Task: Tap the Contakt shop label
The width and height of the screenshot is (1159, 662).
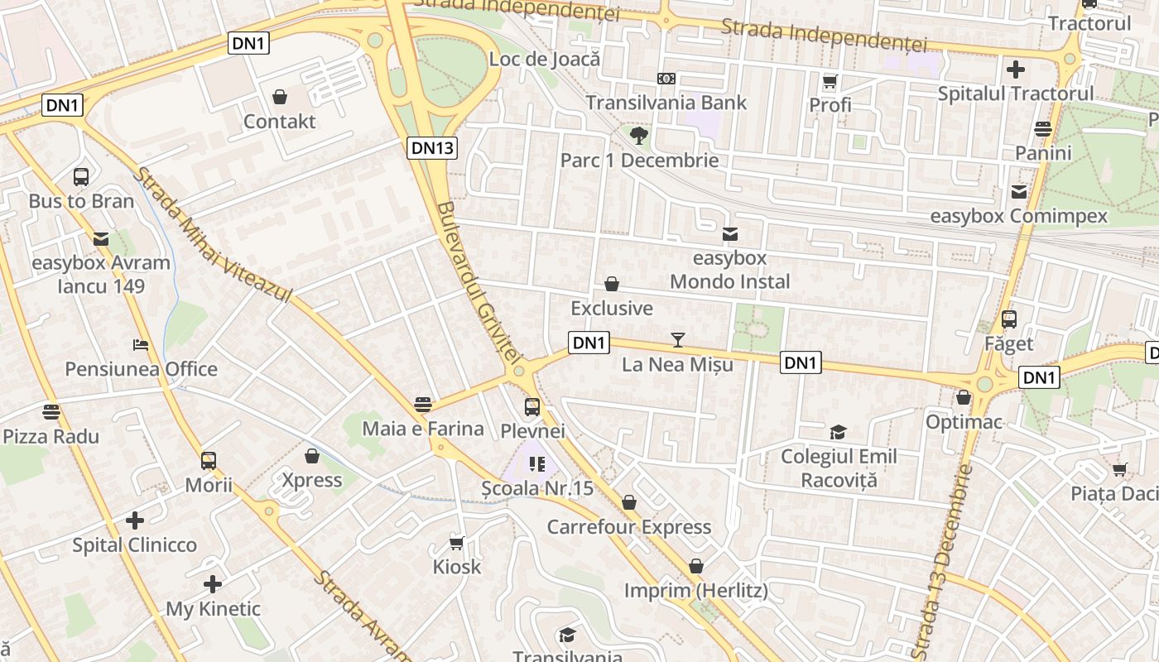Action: [x=279, y=122]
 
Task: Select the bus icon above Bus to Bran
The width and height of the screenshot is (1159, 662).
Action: [x=81, y=176]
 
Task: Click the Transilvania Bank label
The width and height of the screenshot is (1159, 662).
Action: [x=666, y=103]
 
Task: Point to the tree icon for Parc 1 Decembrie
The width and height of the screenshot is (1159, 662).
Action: [x=638, y=136]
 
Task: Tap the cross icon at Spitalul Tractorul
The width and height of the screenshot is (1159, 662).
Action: [x=1015, y=70]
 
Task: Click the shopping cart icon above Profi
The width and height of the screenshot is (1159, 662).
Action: [x=830, y=81]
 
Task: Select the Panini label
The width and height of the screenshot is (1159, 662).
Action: [x=1043, y=153]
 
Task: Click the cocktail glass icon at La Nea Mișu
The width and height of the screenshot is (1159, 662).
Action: [x=678, y=339]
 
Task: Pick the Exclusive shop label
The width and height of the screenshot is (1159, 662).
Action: [x=612, y=309]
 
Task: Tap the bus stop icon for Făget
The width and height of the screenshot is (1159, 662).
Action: [x=1008, y=319]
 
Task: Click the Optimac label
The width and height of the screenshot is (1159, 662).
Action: [x=964, y=423]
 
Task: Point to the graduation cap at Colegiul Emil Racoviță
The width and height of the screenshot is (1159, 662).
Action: [x=838, y=432]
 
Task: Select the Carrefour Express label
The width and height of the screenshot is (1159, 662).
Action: [x=629, y=527]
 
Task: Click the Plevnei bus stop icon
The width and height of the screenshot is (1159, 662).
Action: [x=532, y=407]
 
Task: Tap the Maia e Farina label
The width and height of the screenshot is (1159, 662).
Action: [x=423, y=429]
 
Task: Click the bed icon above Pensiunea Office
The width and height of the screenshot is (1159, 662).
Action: [x=141, y=345]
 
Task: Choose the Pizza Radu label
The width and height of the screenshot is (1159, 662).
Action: [x=51, y=436]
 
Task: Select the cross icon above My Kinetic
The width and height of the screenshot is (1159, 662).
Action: [x=213, y=584]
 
